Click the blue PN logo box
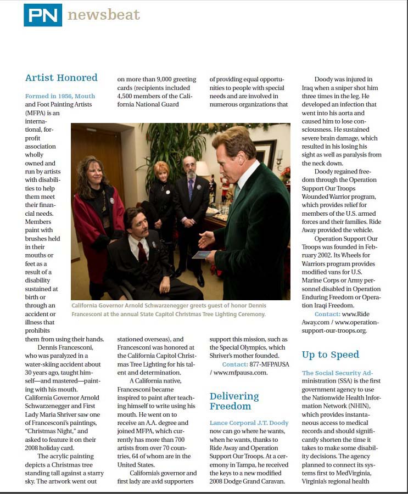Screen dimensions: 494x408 tap(42, 15)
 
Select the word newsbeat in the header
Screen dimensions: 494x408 tap(104, 15)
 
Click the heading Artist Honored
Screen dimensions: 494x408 tap(62, 77)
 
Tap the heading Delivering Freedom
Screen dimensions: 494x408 tap(234, 401)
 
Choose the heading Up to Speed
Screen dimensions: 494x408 tap(331, 355)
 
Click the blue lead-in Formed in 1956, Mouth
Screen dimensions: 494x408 tap(60, 96)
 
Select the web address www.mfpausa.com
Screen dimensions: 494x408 tap(241, 373)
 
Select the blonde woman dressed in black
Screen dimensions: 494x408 tap(162, 195)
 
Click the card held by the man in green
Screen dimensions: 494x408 tap(200, 254)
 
